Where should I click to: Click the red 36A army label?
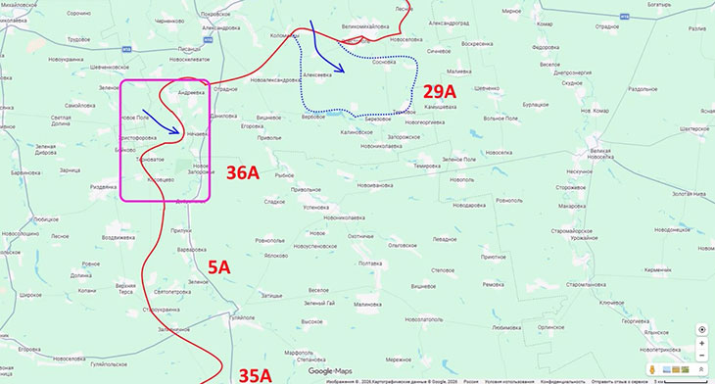click(243, 173)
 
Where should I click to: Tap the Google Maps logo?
click(330, 371)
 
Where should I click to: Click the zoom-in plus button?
click(701, 345)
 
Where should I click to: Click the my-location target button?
click(701, 328)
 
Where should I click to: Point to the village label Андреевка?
click(190, 93)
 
